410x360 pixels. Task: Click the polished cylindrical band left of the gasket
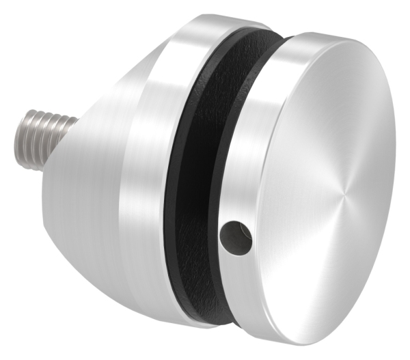[x=154, y=171]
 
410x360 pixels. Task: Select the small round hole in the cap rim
[x=236, y=236]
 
